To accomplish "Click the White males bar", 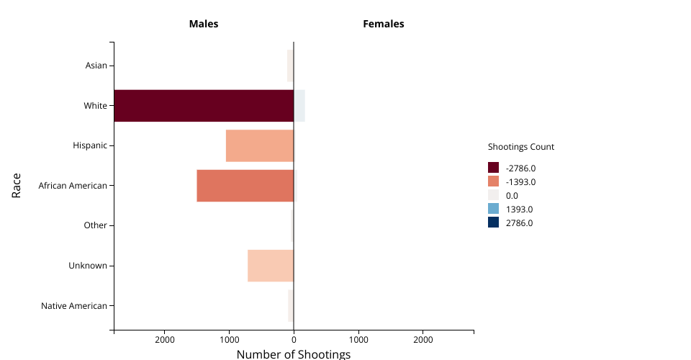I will [x=204, y=106].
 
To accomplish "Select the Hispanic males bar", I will [x=260, y=145].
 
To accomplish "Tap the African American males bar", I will [x=245, y=186].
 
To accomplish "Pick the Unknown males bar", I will [x=271, y=266].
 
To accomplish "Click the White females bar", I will [x=299, y=106].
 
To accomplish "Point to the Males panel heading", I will [x=204, y=24].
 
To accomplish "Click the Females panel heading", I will [x=384, y=24].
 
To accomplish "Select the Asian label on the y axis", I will [x=96, y=66].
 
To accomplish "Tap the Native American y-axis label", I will [x=73, y=306].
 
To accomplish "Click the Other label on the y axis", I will [x=95, y=225].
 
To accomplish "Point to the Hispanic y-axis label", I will [x=90, y=145].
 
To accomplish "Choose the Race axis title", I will [x=16, y=186].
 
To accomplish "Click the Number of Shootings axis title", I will [x=294, y=354].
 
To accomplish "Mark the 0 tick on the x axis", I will [x=294, y=339].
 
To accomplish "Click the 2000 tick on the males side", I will [x=165, y=339].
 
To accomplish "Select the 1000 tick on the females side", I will [x=358, y=339].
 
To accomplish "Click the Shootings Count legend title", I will [x=521, y=147].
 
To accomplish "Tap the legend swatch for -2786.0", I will [x=493, y=168].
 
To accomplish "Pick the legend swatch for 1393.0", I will [x=493, y=209].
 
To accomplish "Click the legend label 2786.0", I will [x=519, y=223].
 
